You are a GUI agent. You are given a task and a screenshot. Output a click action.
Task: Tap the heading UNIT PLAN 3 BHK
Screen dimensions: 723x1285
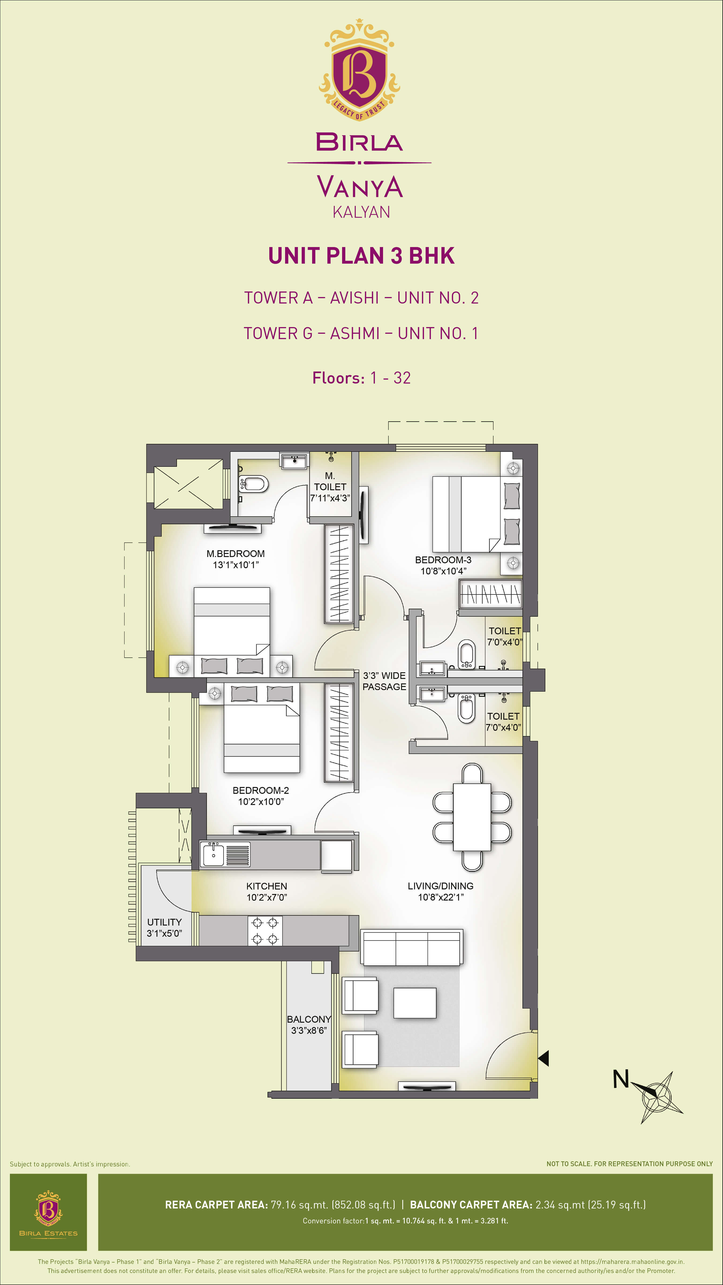361,256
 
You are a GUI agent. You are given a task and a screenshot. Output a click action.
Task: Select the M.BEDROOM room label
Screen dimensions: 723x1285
236,554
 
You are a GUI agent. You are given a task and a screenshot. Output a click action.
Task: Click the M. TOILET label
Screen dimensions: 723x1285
330,482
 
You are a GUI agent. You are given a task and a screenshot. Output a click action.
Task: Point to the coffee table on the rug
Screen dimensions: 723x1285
415,1003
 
